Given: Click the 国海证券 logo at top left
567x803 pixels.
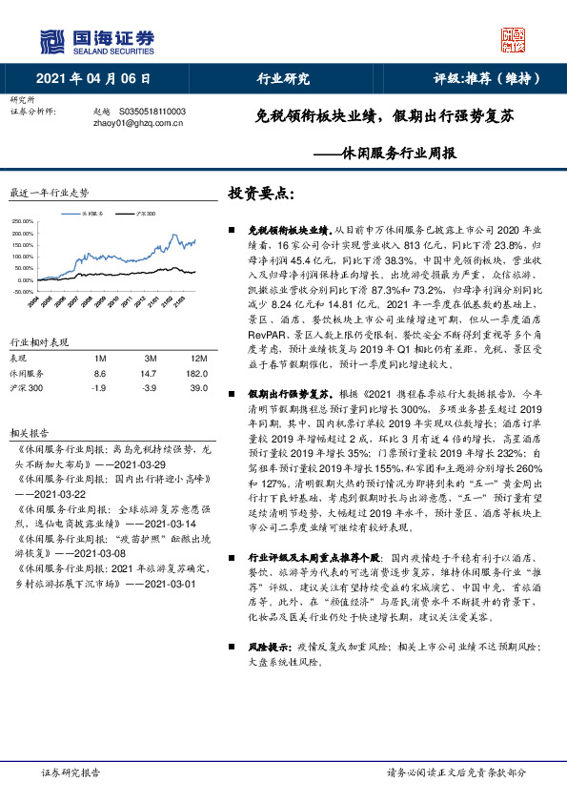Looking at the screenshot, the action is click(96, 40).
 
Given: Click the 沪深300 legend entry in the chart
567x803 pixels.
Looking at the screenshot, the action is click(146, 213).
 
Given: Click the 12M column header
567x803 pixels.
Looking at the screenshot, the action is click(172, 358).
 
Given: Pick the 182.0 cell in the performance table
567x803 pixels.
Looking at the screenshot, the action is click(172, 374).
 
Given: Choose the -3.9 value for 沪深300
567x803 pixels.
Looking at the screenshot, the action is click(134, 389).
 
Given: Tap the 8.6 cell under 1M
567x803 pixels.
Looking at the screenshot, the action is click(100, 374).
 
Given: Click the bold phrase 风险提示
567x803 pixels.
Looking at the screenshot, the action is click(270, 647).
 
